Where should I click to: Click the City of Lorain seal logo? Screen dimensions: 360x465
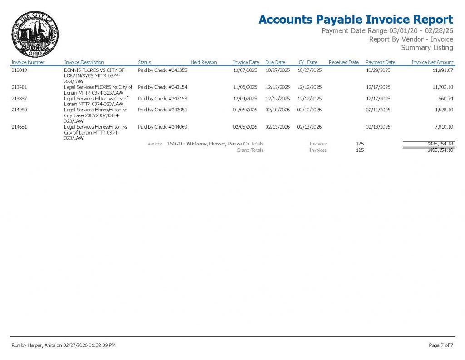(35, 35)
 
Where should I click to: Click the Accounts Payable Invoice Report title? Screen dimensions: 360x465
(356, 20)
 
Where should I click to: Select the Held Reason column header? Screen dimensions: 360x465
(203, 62)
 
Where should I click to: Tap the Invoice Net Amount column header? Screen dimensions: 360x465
(432, 62)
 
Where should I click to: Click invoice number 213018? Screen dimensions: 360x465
(20, 70)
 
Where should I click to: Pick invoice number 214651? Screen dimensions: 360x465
(20, 127)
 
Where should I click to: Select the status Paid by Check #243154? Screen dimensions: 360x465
(162, 87)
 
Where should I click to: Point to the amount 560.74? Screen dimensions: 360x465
(445, 99)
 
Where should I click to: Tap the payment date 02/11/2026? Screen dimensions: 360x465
(378, 110)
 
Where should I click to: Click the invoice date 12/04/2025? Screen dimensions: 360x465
(245, 99)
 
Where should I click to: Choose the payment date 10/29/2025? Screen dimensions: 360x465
(378, 70)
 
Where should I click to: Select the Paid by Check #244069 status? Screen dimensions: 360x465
(162, 127)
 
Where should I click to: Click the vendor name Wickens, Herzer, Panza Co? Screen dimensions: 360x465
(208, 144)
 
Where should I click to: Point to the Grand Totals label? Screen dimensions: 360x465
(250, 150)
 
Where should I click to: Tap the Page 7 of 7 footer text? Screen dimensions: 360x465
(440, 345)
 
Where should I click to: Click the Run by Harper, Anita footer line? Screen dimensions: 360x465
(64, 345)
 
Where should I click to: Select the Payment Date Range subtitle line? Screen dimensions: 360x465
(387, 31)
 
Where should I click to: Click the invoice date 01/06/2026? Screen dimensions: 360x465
(245, 110)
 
